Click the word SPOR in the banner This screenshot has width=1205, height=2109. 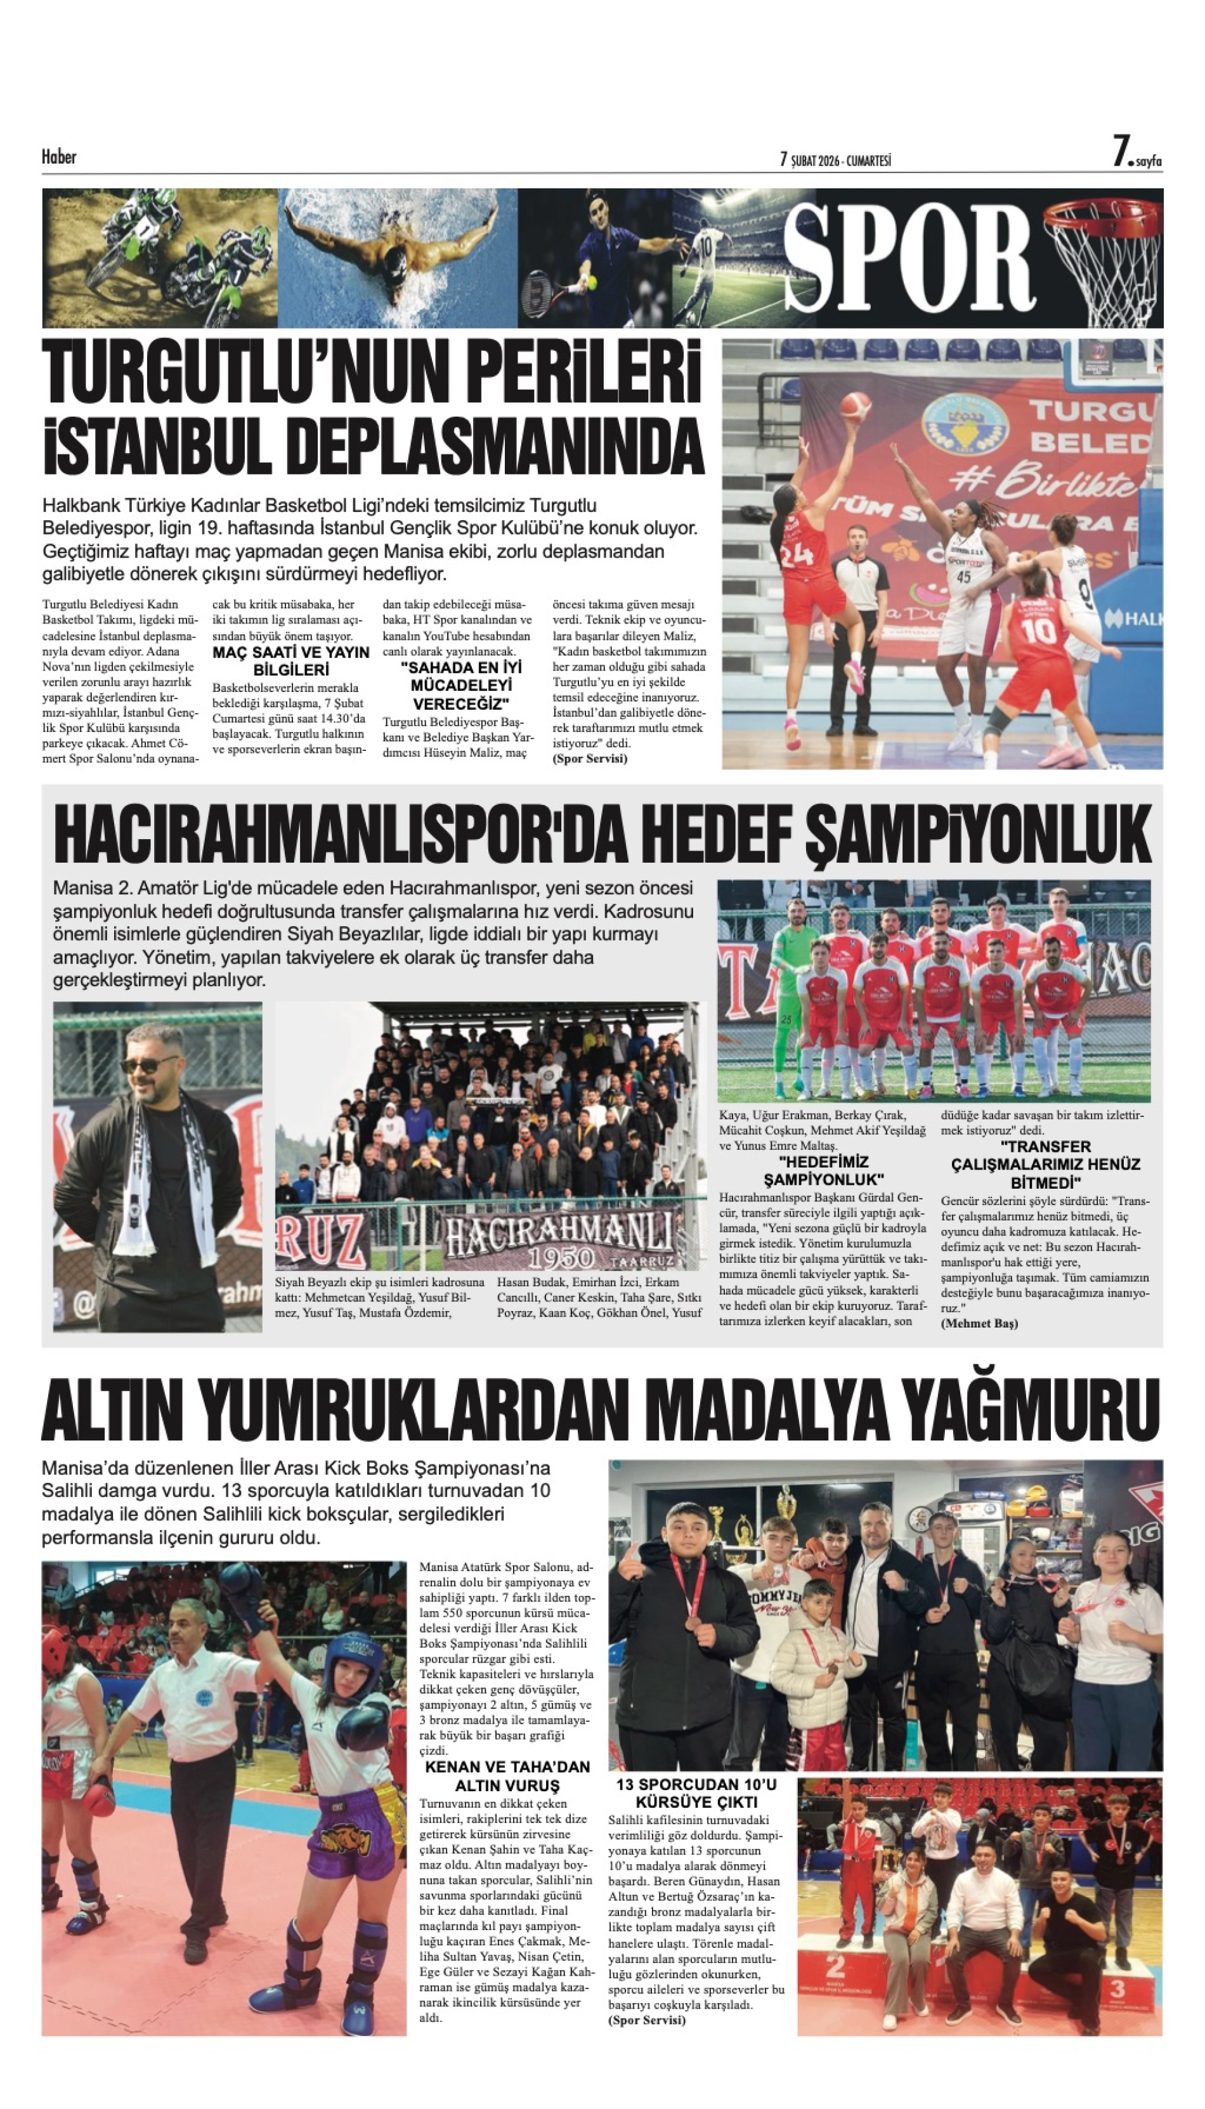pyautogui.click(x=909, y=258)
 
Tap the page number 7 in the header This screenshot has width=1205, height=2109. pyautogui.click(x=1121, y=153)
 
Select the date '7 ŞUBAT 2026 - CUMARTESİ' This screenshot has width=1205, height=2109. pyautogui.click(x=835, y=160)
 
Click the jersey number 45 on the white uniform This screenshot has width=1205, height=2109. pyautogui.click(x=963, y=577)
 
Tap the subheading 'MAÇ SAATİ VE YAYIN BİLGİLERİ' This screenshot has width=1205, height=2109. pyautogui.click(x=290, y=660)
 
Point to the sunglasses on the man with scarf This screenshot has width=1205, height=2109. pyautogui.click(x=149, y=1064)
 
